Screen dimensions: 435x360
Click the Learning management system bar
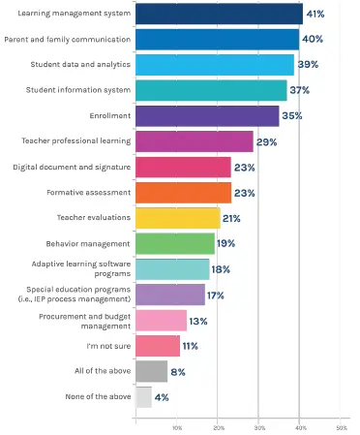tap(219, 14)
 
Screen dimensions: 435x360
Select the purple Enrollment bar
tap(207, 115)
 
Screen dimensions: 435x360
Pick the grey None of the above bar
tap(143, 396)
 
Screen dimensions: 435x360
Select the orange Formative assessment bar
tap(183, 192)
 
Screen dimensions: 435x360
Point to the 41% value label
tap(316, 14)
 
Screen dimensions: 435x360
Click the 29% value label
tap(268, 141)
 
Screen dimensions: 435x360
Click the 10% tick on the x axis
tap(177, 426)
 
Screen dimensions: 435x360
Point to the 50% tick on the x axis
tap(341, 426)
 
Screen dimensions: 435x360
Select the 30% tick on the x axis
tap(259, 426)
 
